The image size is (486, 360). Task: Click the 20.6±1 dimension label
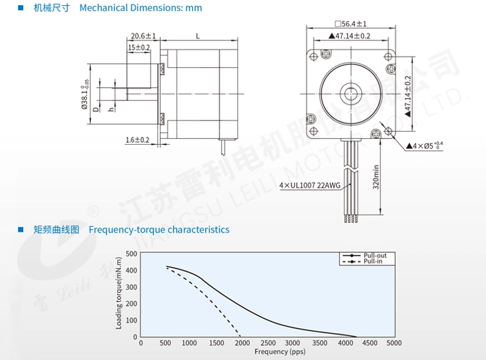point(143,36)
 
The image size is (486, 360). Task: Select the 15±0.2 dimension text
point(139,47)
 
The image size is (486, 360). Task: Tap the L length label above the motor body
point(198,37)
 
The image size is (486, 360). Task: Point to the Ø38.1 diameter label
point(85,94)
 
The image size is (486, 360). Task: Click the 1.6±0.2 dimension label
point(137,140)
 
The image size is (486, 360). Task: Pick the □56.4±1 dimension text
point(351,24)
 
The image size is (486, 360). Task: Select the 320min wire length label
point(376,177)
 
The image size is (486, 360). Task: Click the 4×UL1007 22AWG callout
point(310,185)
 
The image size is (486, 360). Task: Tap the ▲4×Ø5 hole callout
point(425,145)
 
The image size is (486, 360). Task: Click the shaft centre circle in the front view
point(351,94)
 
